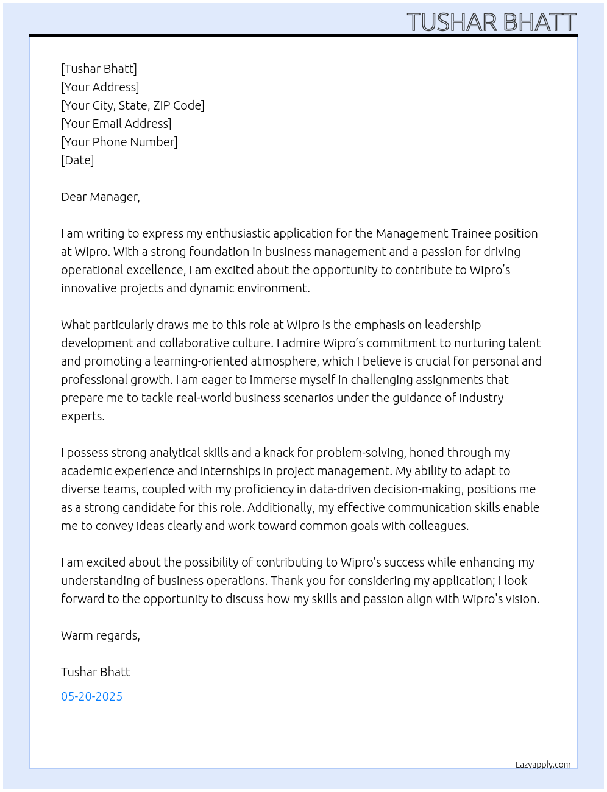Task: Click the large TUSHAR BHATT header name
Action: (x=491, y=23)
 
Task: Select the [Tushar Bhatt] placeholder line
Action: (x=99, y=69)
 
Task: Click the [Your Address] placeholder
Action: (x=100, y=87)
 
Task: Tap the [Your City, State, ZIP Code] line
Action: (x=133, y=105)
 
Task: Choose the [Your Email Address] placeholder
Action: (x=116, y=124)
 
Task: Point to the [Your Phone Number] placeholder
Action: (x=119, y=142)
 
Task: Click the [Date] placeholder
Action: (x=77, y=160)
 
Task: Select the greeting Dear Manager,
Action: (x=101, y=197)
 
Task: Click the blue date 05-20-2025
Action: (x=91, y=696)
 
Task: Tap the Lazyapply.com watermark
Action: (x=543, y=765)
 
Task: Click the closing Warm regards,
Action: (x=101, y=635)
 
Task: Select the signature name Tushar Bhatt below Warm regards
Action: (x=96, y=672)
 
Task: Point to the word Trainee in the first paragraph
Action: (x=470, y=233)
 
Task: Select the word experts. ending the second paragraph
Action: (x=83, y=417)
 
